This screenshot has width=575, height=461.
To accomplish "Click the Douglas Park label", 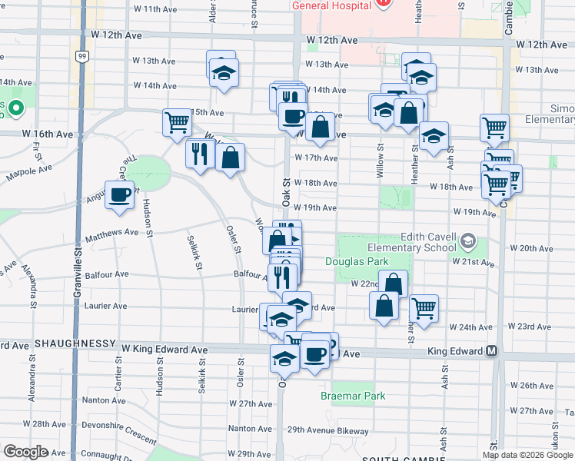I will tap(367, 262).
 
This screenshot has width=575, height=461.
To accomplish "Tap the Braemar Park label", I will tap(353, 396).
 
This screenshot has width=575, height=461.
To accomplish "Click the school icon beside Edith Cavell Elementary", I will tap(467, 243).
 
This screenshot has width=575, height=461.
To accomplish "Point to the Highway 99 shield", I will tap(81, 55).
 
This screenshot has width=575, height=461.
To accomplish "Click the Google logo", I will tap(26, 452).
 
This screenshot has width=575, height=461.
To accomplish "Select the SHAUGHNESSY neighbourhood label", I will tap(75, 343).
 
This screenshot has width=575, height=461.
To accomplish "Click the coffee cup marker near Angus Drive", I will tap(120, 195).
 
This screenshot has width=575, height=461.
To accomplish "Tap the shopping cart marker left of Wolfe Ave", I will tap(177, 122).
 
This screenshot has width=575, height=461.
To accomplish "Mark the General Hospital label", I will tap(331, 5).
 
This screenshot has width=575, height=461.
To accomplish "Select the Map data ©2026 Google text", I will tap(527, 455).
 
